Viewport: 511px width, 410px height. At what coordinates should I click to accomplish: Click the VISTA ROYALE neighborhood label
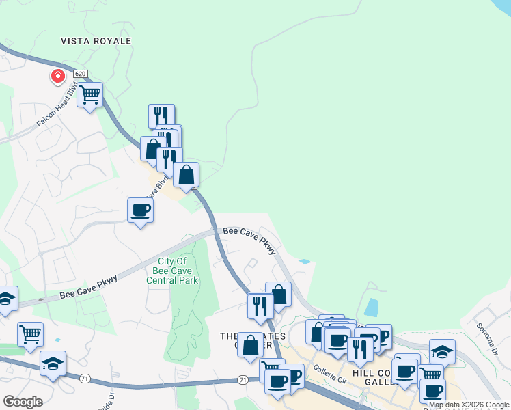click(x=96, y=41)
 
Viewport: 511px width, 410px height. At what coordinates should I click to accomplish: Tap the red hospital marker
click(x=57, y=76)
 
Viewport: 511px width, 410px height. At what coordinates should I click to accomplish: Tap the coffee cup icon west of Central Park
click(x=140, y=210)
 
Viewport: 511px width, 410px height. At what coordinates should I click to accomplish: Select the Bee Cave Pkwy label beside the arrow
click(x=88, y=286)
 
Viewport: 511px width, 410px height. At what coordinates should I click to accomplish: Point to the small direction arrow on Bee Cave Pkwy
click(x=42, y=299)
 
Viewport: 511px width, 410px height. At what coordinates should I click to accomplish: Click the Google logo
click(x=23, y=402)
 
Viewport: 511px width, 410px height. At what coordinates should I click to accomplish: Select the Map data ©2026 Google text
click(x=469, y=405)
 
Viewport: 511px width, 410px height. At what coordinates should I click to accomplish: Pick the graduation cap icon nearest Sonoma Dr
click(x=442, y=351)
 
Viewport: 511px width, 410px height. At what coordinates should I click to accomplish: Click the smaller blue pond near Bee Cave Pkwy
click(x=304, y=261)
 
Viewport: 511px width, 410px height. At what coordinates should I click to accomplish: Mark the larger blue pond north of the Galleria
click(x=371, y=309)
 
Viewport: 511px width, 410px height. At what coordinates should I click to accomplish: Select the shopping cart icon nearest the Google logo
click(x=30, y=334)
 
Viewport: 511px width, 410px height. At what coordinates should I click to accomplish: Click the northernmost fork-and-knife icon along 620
click(x=161, y=115)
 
